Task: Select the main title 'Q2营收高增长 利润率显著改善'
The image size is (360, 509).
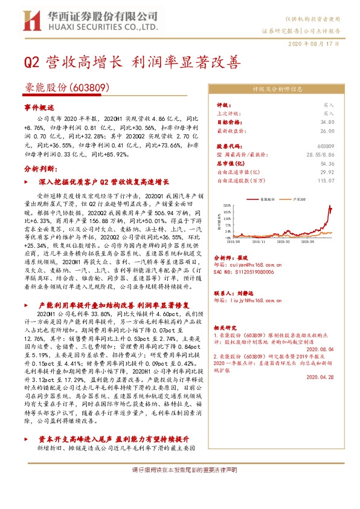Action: (132, 63)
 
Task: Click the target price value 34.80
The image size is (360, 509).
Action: (328, 122)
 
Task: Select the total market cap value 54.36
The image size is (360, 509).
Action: (328, 163)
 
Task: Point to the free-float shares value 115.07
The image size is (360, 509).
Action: (326, 180)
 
